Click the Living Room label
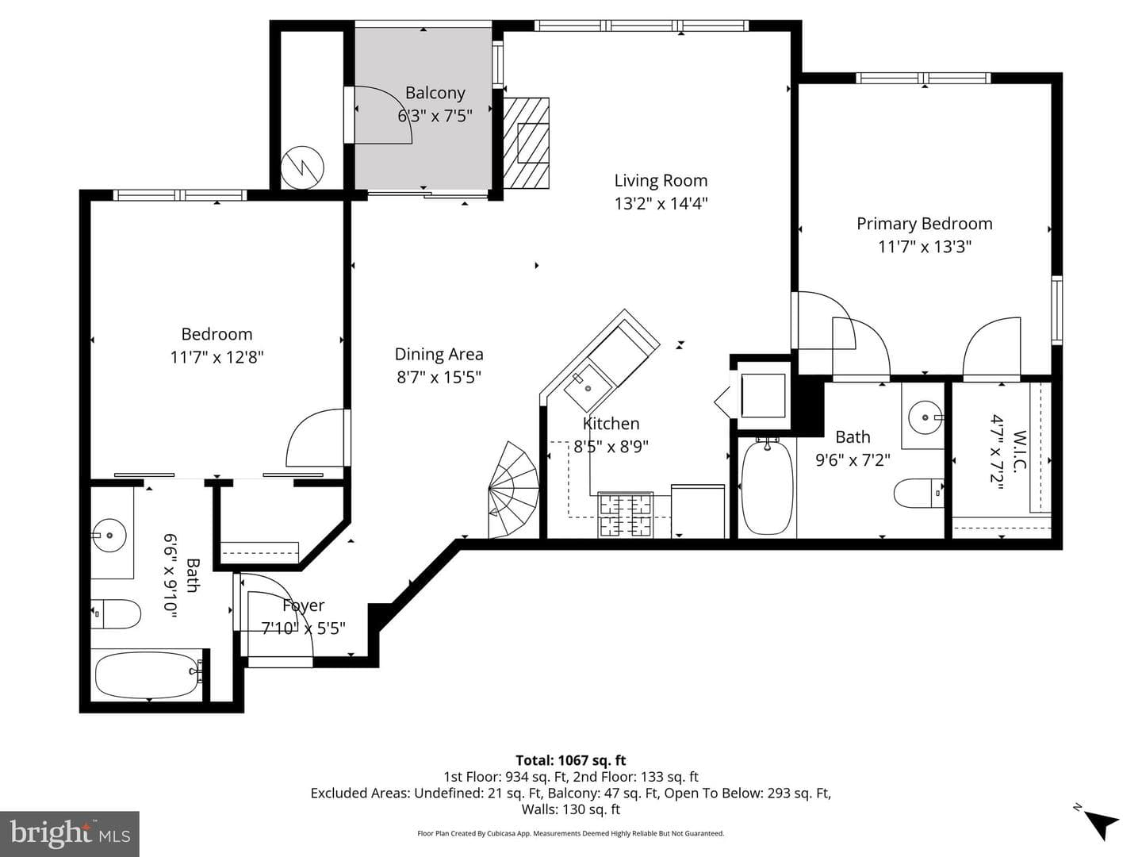coord(661,181)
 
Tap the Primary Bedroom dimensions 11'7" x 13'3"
coord(925,246)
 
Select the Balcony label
coord(435,93)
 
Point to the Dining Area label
coord(439,355)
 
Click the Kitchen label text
coord(611,424)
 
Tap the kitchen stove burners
coord(626,515)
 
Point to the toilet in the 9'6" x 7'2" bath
coord(919,493)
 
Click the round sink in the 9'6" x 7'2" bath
coord(925,417)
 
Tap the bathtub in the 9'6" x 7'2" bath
coord(768,488)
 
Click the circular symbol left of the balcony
coord(302,167)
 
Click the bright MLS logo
coord(70,833)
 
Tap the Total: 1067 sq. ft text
coord(571,760)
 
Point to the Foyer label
coord(303,605)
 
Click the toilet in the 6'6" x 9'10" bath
coord(116,614)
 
